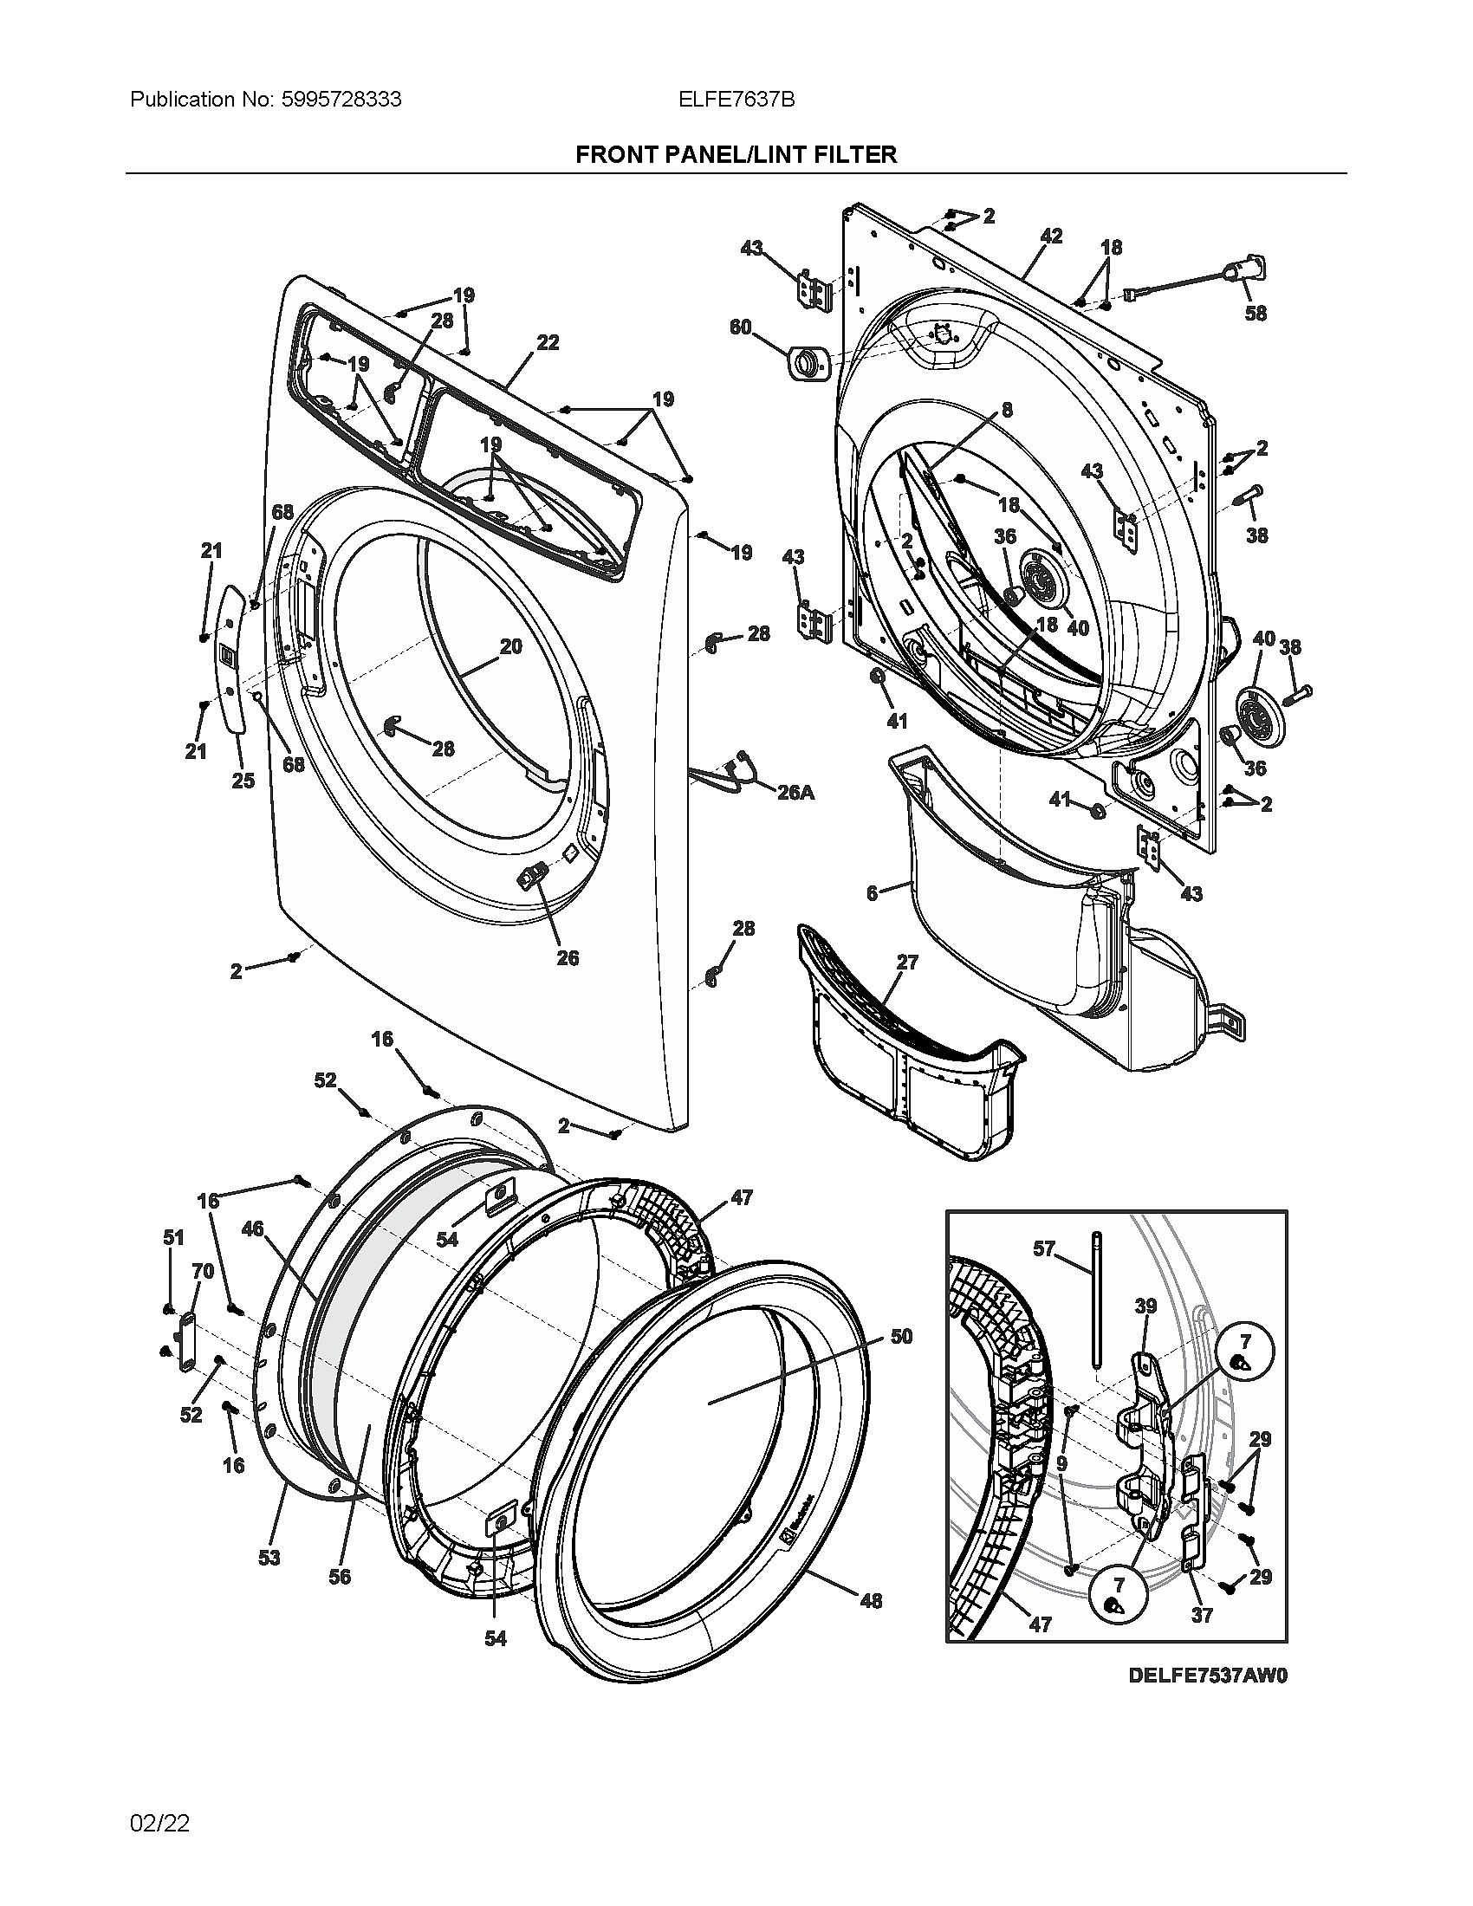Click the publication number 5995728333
(341, 100)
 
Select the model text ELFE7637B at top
(736, 100)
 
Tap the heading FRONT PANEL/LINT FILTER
(736, 154)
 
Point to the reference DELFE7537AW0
(1207, 1675)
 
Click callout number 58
(1255, 313)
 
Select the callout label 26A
(795, 793)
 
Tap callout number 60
(740, 327)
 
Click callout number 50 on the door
(901, 1336)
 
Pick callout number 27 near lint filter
(907, 962)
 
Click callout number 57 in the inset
(1045, 1248)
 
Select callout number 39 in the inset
(1145, 1306)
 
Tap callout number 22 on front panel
(547, 343)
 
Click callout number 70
(203, 1272)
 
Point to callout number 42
(1051, 236)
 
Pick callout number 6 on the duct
(872, 894)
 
